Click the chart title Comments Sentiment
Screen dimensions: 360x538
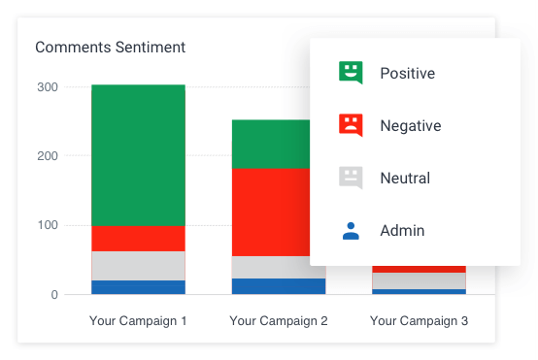click(110, 47)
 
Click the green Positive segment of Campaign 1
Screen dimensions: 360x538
click(138, 155)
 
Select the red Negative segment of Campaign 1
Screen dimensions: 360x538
click(138, 239)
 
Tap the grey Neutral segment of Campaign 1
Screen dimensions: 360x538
click(138, 266)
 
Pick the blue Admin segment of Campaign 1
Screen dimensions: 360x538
click(138, 287)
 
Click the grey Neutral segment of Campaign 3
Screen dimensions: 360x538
click(419, 280)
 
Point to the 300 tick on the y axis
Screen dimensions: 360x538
click(48, 87)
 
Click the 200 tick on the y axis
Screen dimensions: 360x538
click(48, 156)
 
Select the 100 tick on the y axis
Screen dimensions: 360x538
click(48, 226)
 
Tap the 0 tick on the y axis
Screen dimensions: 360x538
click(54, 295)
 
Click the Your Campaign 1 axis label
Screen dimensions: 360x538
click(138, 320)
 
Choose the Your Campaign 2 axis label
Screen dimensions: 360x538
click(279, 320)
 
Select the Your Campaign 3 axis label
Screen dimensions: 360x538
click(419, 320)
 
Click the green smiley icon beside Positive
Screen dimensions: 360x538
click(350, 73)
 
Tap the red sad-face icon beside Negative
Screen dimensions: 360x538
click(350, 125)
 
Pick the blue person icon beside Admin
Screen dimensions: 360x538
click(350, 231)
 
